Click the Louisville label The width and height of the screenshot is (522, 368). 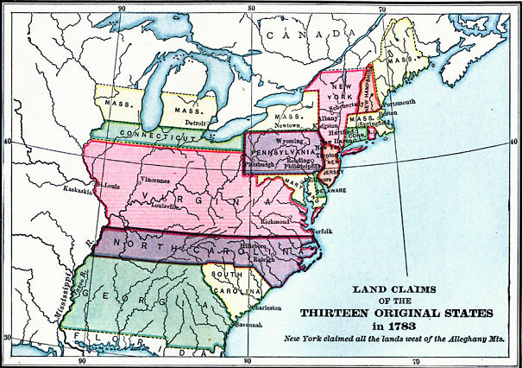pos(163,207)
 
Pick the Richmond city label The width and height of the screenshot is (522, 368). pos(275,221)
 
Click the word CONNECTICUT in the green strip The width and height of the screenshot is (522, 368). pos(154,135)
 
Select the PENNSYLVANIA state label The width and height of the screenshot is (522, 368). pos(291,148)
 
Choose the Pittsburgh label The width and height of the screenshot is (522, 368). pos(261,163)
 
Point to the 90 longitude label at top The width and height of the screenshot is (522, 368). pos(122,8)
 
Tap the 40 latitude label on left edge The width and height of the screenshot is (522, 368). pos(6,141)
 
